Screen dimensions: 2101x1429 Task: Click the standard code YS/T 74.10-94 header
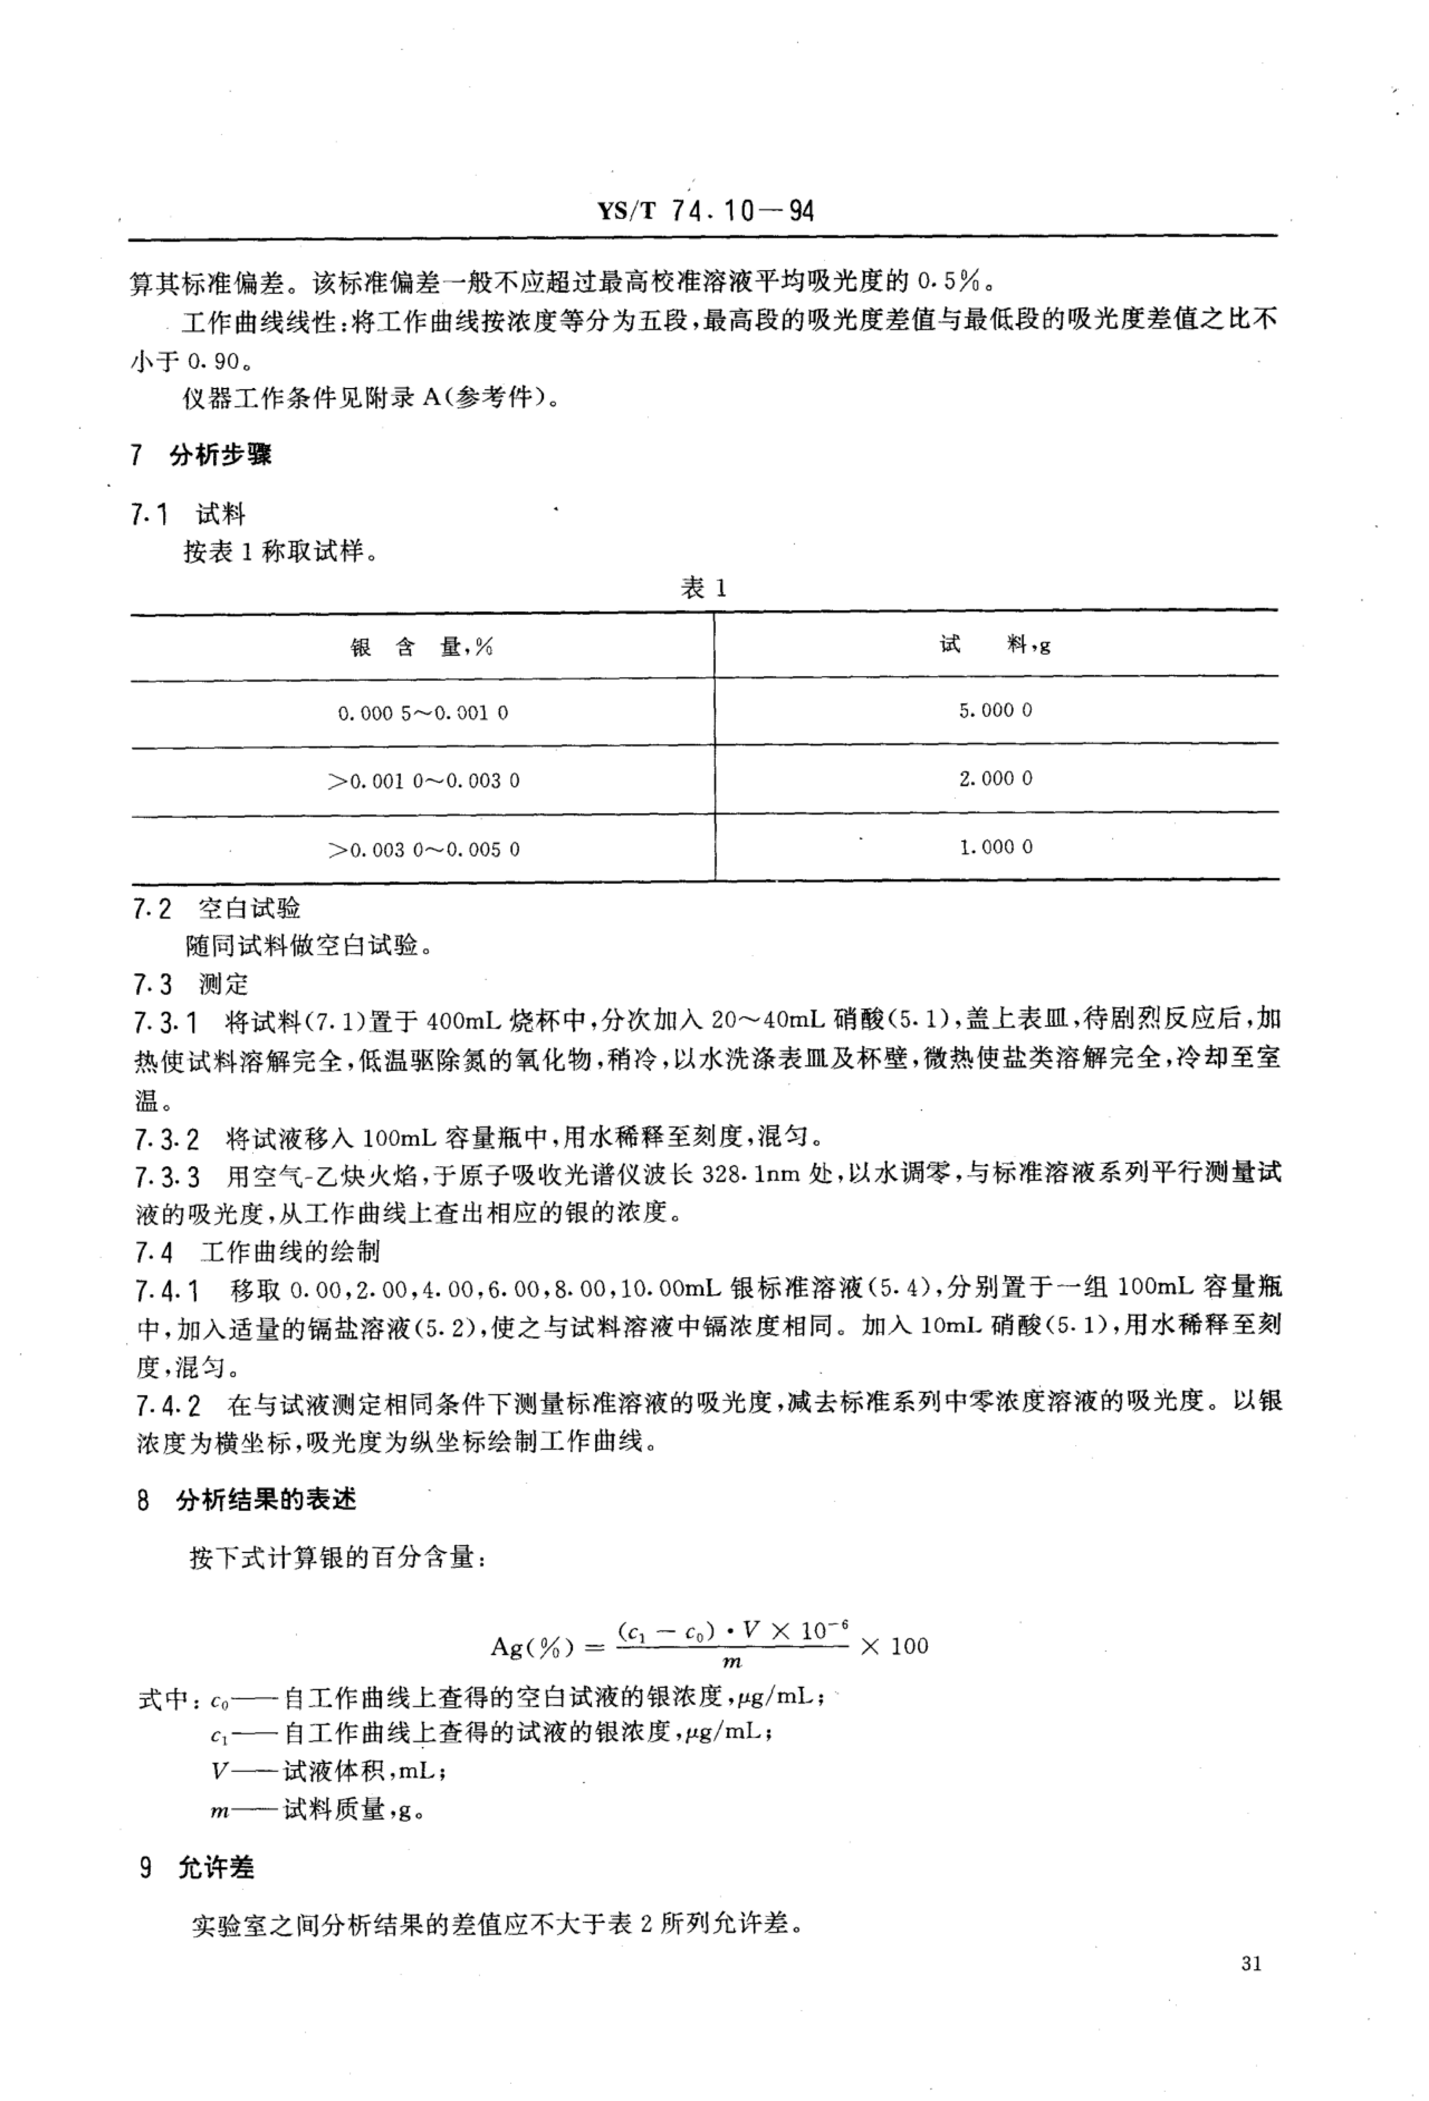705,212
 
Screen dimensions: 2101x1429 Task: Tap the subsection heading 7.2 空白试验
217,909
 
